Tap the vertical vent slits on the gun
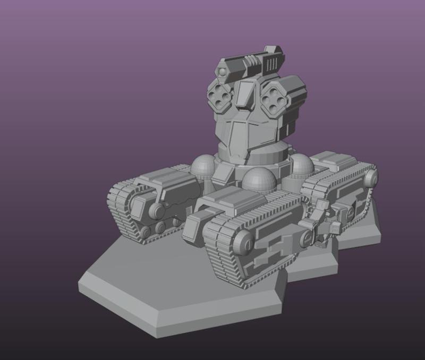[271, 65]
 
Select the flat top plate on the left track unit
[165, 176]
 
